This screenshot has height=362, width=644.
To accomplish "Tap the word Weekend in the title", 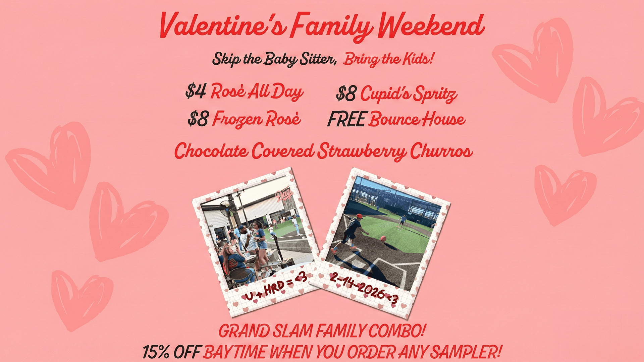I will [x=431, y=25].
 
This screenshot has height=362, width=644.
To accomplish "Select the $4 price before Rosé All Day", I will [x=196, y=91].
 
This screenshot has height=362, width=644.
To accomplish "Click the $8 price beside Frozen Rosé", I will [x=198, y=119].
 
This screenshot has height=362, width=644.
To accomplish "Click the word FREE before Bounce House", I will [x=346, y=119].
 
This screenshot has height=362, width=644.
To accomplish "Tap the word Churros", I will [x=441, y=151].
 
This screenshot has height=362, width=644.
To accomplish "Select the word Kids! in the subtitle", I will [x=418, y=59].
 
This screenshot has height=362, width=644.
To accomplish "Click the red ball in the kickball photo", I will [x=383, y=238].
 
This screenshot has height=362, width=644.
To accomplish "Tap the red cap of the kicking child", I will [x=359, y=216].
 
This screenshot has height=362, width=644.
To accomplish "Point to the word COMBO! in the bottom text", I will [x=397, y=331].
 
